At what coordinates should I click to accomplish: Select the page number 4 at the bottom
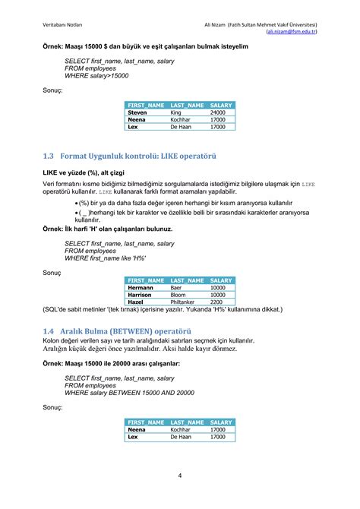point(179,476)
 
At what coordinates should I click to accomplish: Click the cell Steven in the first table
point(137,112)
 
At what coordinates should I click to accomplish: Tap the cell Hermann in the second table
point(141,288)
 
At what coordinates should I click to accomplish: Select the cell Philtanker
point(186,302)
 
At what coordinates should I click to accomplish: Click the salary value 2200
point(216,302)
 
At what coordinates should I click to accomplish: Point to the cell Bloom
point(178,295)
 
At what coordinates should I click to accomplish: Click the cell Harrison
point(143,295)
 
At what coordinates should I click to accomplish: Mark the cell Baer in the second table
point(176,288)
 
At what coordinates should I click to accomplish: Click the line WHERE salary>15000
point(96,76)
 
